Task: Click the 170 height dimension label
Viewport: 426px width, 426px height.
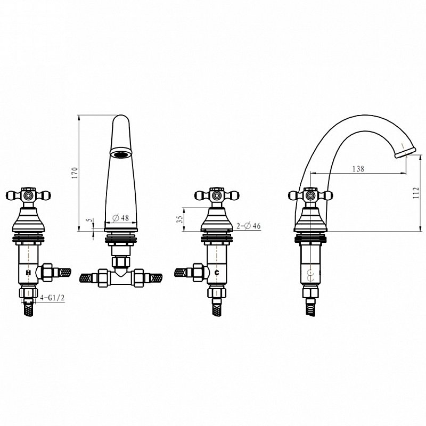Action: [x=75, y=173]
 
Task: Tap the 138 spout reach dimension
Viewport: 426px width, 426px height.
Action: [x=358, y=169]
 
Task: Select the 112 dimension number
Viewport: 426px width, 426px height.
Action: [x=416, y=193]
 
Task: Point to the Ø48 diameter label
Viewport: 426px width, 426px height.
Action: [x=121, y=218]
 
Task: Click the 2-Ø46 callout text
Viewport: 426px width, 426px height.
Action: [x=248, y=226]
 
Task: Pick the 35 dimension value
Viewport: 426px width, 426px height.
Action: [x=179, y=219]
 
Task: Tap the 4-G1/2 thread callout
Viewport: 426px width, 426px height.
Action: [x=52, y=298]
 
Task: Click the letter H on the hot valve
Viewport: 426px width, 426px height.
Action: [x=28, y=272]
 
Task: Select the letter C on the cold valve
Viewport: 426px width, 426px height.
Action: [x=217, y=273]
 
